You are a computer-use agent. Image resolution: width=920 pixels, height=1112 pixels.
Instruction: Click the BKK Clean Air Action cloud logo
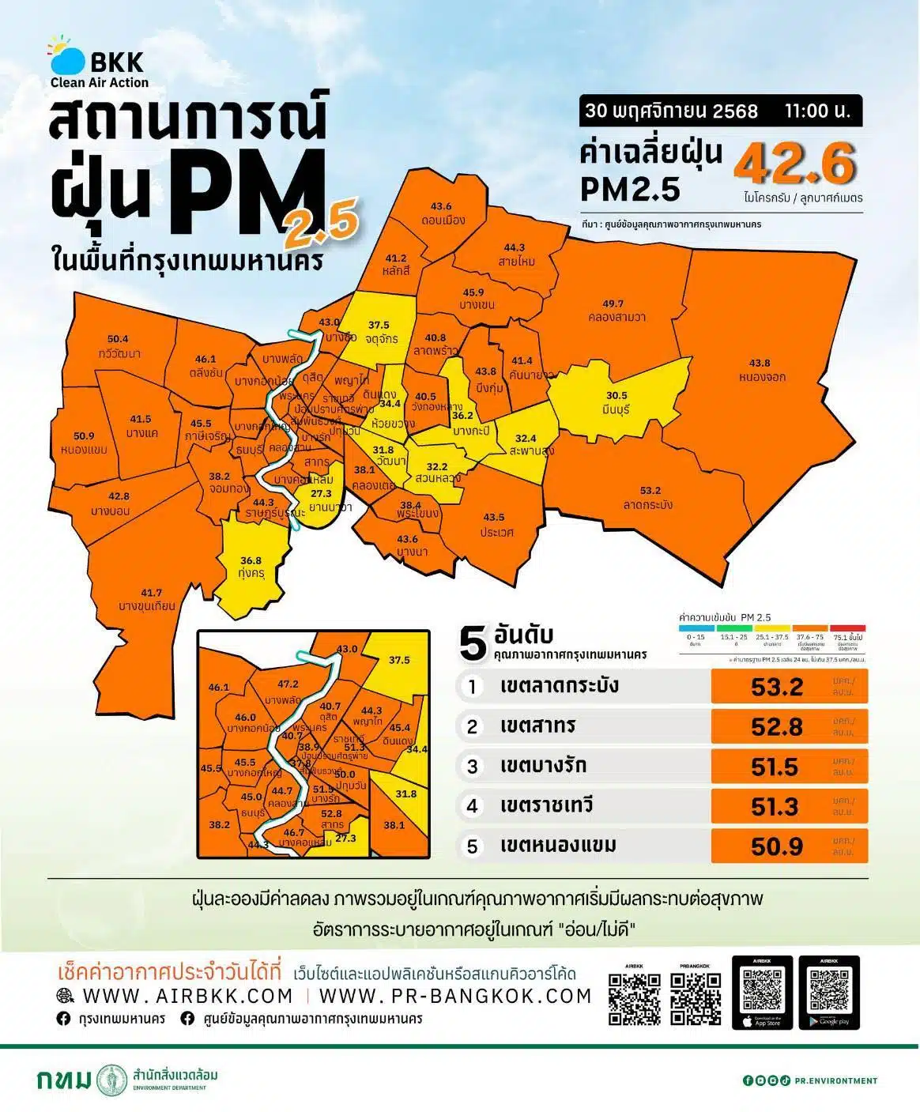pos(67,58)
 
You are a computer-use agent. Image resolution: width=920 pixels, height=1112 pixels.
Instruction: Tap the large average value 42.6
pos(794,164)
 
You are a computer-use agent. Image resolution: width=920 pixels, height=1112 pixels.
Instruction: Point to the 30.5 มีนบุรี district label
pos(616,402)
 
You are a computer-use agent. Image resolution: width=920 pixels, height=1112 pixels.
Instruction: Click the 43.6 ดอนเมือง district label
pos(442,213)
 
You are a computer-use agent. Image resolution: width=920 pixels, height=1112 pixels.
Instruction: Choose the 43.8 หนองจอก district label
pos(761,370)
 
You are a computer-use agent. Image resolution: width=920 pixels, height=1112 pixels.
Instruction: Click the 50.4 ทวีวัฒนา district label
pos(119,346)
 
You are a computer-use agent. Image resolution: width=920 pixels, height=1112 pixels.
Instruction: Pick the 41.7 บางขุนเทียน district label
pos(149,599)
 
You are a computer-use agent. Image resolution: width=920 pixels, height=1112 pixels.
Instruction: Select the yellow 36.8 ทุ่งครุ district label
pos(251,567)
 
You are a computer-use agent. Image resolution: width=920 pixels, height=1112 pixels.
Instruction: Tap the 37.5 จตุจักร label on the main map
pos(380,331)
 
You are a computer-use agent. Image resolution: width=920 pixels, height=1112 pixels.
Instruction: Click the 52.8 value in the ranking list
pos(776,726)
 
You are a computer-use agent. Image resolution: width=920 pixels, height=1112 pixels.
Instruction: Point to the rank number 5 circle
pos(472,846)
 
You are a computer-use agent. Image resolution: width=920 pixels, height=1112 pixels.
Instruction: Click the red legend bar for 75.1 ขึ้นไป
pos(847,628)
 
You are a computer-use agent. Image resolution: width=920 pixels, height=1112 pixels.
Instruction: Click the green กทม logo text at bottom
pos(64,1079)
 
